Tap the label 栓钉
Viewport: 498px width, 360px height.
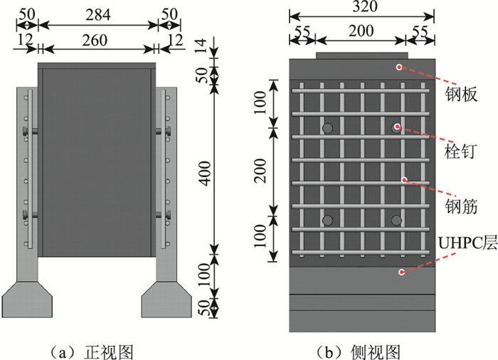[460, 152]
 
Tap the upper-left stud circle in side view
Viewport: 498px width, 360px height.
[327, 128]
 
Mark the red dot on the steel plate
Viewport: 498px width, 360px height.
[399, 67]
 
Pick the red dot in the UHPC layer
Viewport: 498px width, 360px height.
[403, 272]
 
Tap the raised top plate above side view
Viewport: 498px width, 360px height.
[361, 55]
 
